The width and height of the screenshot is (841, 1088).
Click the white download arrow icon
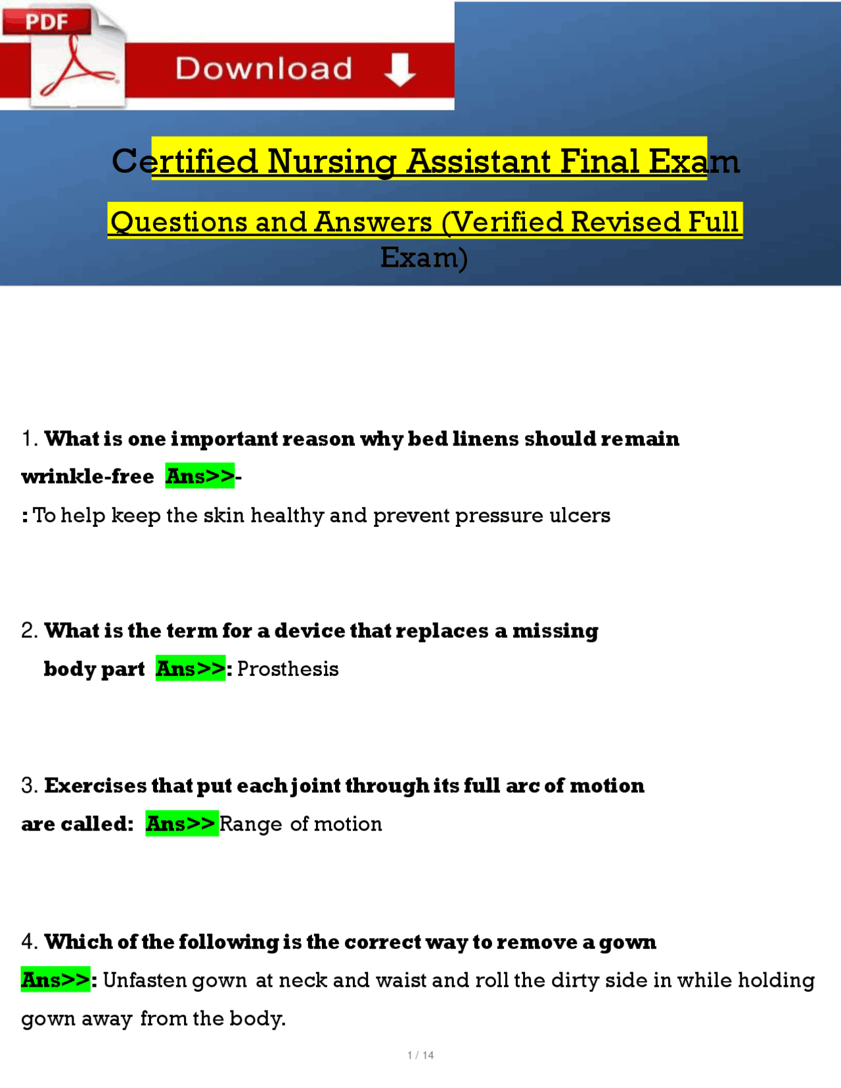[x=399, y=70]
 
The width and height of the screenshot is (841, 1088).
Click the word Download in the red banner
[x=264, y=68]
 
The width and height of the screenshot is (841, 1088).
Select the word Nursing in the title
[x=331, y=161]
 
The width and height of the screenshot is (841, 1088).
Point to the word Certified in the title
[x=185, y=161]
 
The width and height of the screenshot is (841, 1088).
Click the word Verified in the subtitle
[x=505, y=222]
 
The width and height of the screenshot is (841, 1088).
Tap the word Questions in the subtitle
[x=179, y=222]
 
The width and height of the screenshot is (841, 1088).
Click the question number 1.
[x=30, y=439]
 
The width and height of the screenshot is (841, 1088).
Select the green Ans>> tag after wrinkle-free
[x=200, y=476]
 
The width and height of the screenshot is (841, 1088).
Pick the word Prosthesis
[x=288, y=669]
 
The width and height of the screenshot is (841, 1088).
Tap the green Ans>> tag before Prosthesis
[x=191, y=668]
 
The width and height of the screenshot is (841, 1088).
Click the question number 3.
[x=30, y=786]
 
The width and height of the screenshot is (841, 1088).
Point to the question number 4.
[x=30, y=941]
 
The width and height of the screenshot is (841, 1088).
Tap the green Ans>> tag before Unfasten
[x=56, y=980]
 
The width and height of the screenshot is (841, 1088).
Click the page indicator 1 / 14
[x=420, y=1055]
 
